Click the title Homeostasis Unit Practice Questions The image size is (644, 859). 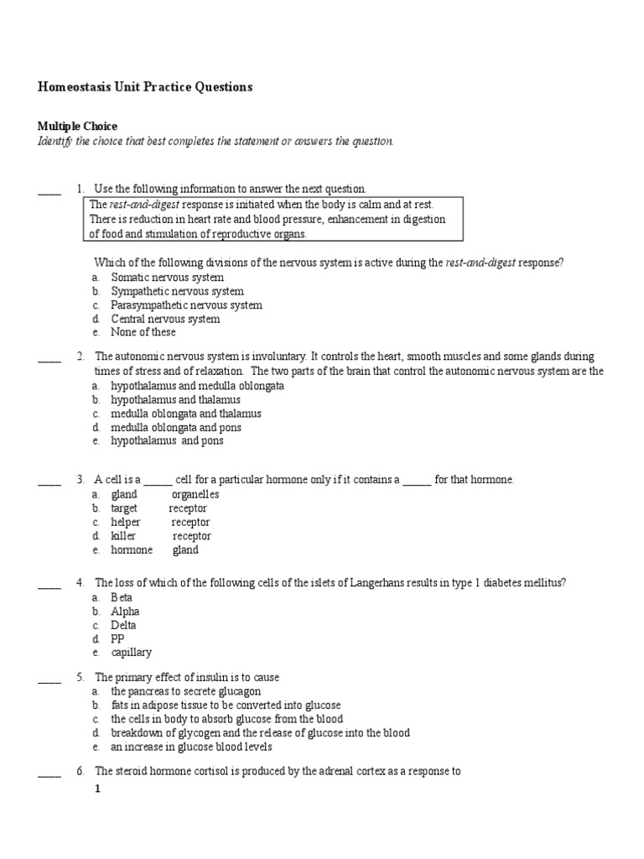point(145,86)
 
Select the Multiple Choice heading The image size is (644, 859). point(77,126)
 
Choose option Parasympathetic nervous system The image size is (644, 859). point(186,305)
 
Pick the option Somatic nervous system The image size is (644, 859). point(167,277)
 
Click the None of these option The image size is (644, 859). point(143,332)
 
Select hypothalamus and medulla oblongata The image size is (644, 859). point(197,386)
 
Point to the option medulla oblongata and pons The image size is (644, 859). point(176,427)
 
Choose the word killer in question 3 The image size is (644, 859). point(123,536)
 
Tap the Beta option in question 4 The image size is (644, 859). point(122,597)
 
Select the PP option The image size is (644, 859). point(118,638)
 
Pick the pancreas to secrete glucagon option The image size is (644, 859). point(179,692)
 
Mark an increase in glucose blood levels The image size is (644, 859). point(191,747)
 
